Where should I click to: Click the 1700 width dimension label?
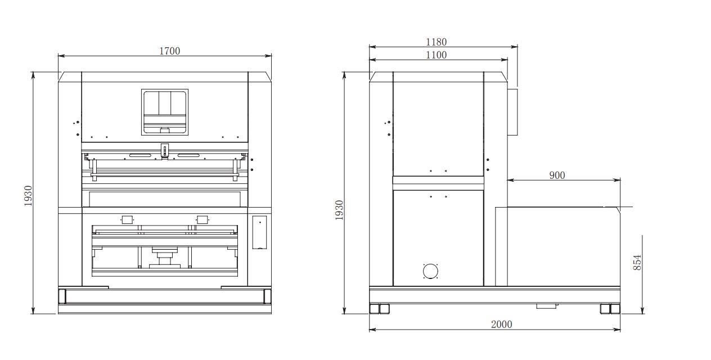click(x=169, y=51)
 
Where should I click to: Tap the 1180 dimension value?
click(x=436, y=42)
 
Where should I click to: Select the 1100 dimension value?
click(x=436, y=55)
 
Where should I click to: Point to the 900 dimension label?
click(x=557, y=175)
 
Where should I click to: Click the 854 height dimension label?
click(x=637, y=263)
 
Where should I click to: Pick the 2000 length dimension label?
click(x=502, y=324)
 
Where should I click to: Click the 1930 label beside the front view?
click(x=28, y=196)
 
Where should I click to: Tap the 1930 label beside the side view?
click(x=339, y=210)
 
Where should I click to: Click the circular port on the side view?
click(x=430, y=271)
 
